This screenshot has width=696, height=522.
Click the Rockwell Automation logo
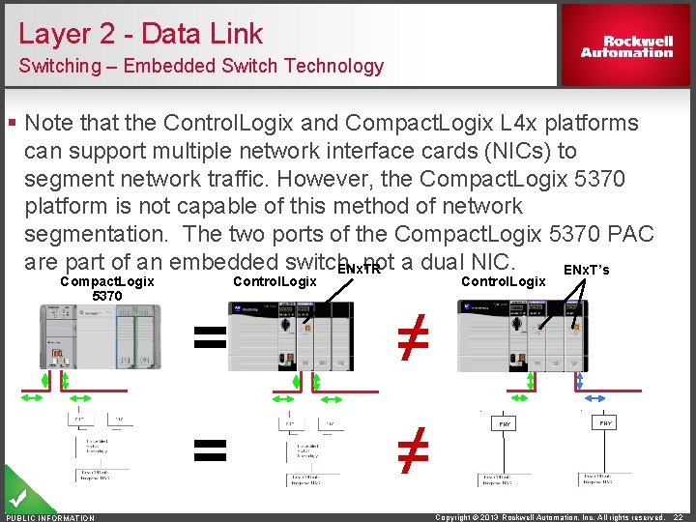click(625, 46)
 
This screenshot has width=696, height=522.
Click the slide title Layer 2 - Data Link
click(140, 34)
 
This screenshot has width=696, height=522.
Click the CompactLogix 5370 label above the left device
click(106, 288)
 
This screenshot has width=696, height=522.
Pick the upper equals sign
click(210, 336)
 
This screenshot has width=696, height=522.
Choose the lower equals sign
click(210, 449)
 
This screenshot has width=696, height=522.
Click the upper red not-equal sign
click(413, 338)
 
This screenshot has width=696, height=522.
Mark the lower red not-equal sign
click(413, 449)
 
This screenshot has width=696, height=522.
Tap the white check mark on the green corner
click(16, 500)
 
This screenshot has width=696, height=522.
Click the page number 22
click(679, 517)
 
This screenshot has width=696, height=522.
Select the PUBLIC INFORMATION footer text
click(50, 517)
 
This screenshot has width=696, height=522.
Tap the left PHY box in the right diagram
click(505, 423)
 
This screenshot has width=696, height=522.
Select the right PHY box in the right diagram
click(605, 423)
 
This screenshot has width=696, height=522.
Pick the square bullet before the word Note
click(12, 123)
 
